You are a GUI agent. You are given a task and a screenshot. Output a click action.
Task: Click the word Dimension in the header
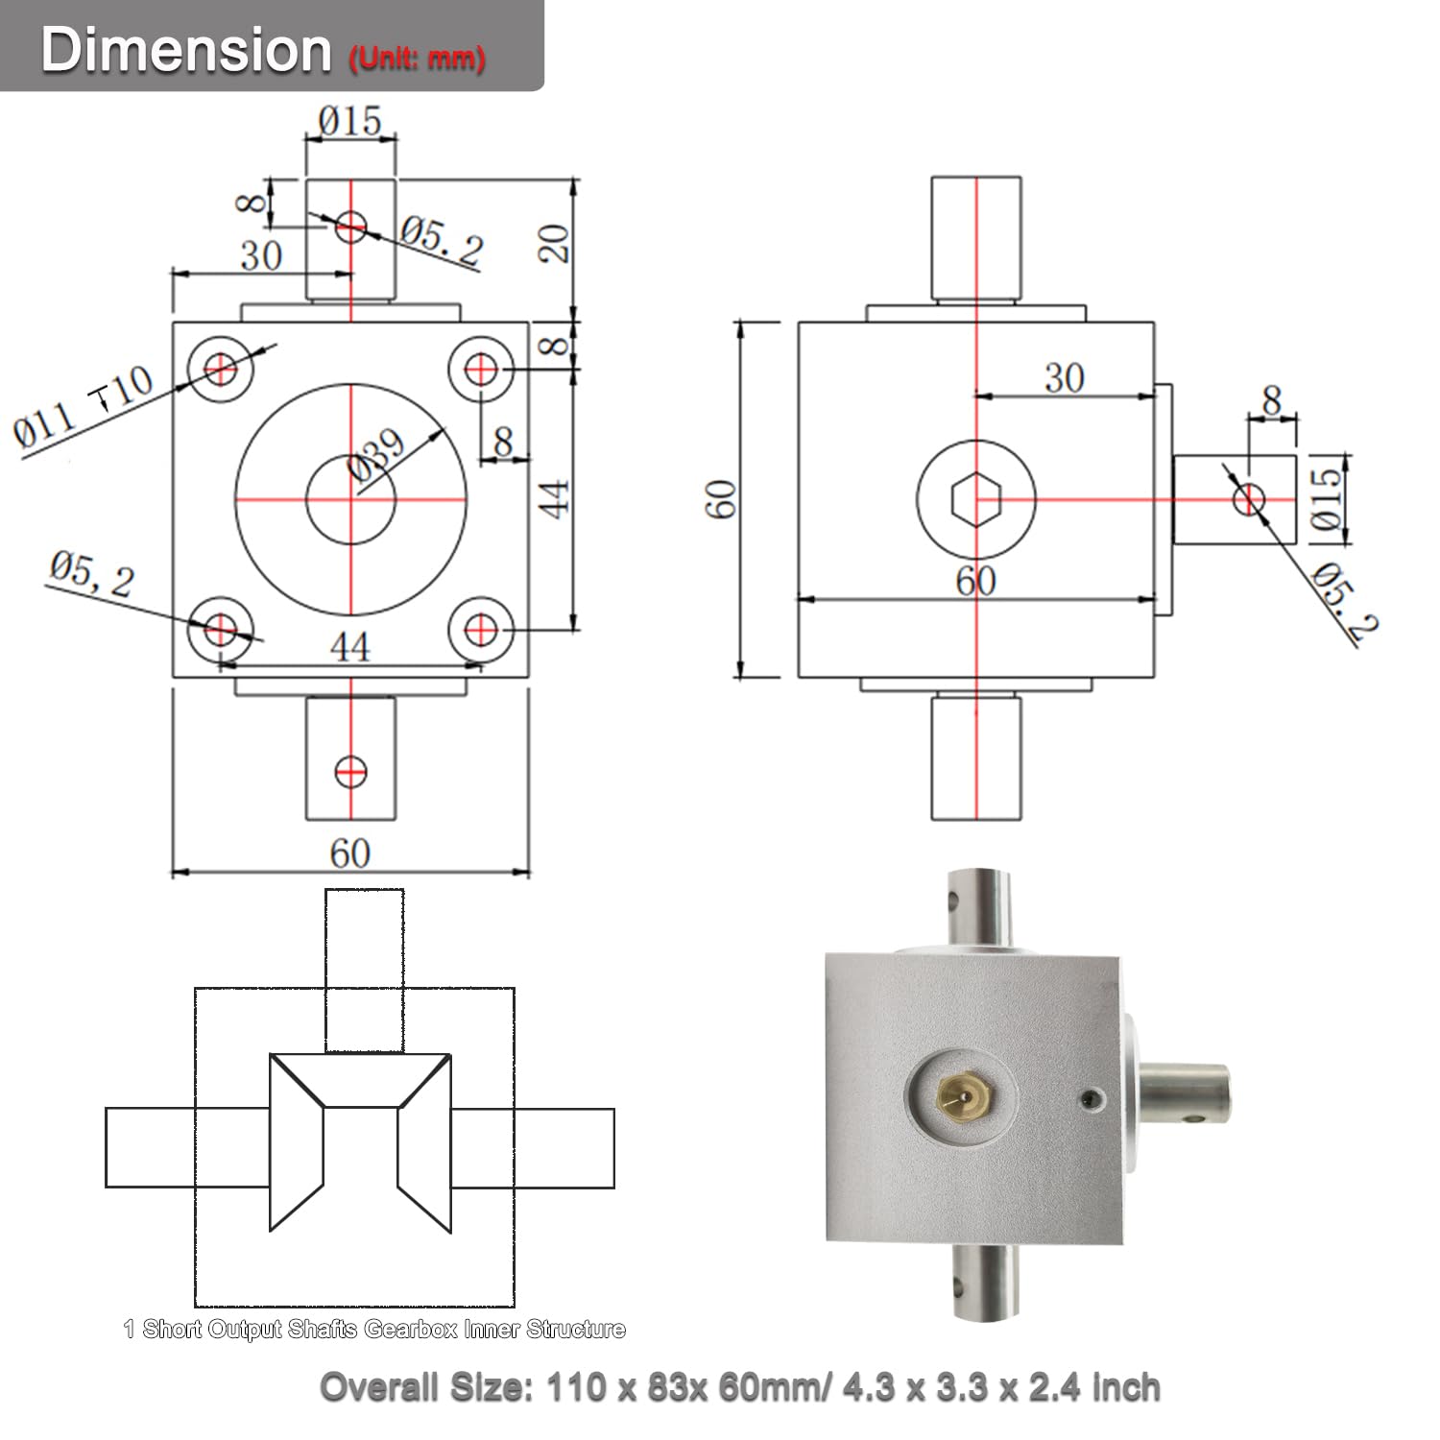coord(185,49)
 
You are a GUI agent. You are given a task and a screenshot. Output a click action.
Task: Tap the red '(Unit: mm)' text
coord(417,59)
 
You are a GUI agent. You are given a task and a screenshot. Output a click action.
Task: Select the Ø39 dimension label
coord(377,453)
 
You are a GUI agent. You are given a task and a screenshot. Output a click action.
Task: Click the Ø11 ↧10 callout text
coord(84,407)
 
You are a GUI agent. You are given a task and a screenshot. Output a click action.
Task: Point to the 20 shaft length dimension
coord(554,244)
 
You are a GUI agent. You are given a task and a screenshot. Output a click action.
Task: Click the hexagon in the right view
coord(976,499)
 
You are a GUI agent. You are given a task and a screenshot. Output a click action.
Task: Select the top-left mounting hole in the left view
coord(221,368)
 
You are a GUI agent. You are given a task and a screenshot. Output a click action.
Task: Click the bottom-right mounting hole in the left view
coord(481,631)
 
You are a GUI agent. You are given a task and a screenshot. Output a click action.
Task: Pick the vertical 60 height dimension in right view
coord(721,499)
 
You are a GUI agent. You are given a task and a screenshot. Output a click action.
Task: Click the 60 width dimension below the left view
coord(349,853)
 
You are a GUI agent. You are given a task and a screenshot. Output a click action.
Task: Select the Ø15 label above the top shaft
coord(350,122)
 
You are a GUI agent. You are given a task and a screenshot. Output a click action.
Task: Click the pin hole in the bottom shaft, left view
coord(350,771)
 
